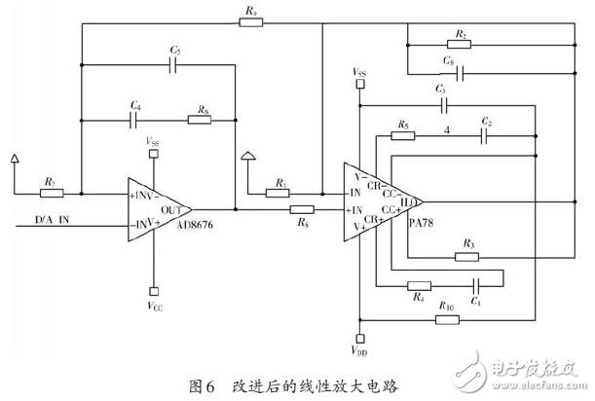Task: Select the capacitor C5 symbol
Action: click(174, 64)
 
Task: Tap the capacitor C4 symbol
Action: click(135, 122)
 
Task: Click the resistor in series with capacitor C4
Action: click(201, 122)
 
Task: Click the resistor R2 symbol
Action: click(461, 44)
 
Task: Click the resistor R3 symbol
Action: click(468, 256)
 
